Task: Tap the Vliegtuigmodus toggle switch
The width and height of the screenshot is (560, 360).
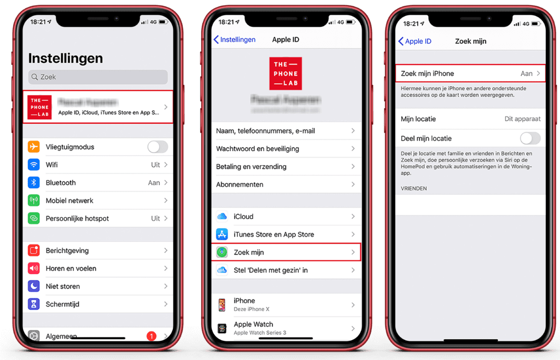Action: [157, 147]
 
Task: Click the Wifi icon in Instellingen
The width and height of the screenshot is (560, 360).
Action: [34, 165]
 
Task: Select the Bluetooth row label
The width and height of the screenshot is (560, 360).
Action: [61, 183]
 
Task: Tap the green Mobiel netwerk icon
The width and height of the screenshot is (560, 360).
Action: [34, 201]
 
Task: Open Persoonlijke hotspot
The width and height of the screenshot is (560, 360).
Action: [77, 218]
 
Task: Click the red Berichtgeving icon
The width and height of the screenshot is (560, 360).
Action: [34, 251]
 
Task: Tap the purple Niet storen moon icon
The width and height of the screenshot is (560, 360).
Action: [34, 286]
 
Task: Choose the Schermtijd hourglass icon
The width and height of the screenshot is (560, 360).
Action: [34, 304]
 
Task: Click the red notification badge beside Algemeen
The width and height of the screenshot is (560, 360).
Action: [151, 336]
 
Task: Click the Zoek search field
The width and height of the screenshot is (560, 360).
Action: [98, 77]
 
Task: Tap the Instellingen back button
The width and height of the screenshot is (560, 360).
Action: [235, 40]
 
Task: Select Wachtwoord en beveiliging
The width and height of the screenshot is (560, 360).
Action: [258, 149]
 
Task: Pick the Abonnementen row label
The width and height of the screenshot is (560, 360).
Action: [240, 184]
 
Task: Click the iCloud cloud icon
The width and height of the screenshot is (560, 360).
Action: [222, 217]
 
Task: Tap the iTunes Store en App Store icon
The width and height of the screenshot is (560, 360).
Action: [222, 234]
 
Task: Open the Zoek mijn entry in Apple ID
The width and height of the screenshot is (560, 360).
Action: [249, 252]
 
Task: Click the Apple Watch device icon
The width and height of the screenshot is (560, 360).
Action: [222, 328]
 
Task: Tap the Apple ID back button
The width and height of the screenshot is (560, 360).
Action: [415, 41]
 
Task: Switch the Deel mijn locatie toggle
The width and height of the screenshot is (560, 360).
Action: [530, 138]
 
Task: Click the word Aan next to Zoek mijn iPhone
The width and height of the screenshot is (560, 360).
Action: [526, 73]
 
